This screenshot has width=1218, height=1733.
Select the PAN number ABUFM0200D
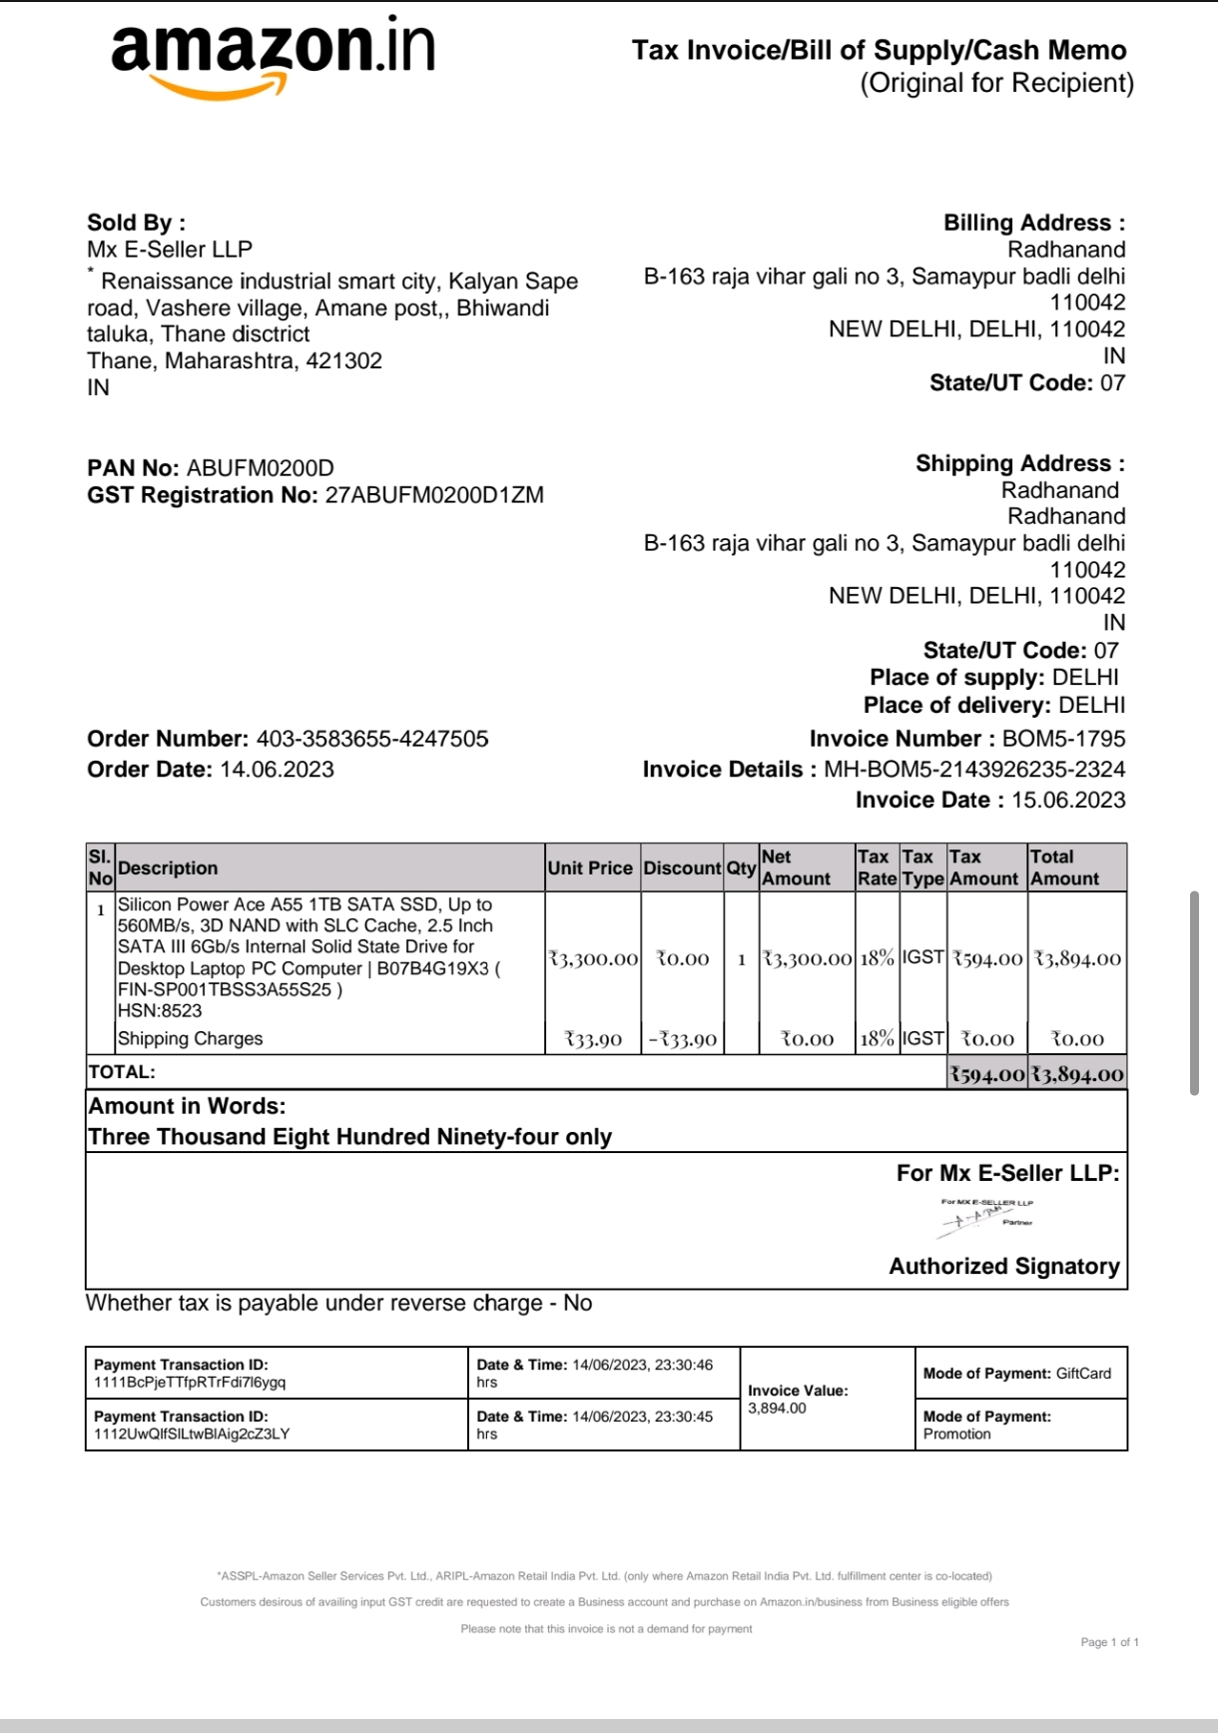261,468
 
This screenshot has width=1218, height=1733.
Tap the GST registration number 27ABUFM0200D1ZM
434,495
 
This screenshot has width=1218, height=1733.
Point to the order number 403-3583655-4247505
372,739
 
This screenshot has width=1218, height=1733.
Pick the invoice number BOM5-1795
1063,739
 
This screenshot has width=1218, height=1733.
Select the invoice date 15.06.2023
1068,800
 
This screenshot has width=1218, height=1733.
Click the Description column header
168,867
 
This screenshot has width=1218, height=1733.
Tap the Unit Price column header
590,867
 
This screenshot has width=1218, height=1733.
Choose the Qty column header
741,867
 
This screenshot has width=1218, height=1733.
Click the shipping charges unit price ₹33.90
593,1039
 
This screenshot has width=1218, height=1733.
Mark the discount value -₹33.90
683,1039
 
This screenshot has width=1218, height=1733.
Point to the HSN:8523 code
160,1010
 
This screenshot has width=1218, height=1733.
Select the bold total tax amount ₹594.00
987,1074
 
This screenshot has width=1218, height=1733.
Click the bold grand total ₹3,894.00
1077,1074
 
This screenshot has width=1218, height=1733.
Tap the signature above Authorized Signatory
986,1214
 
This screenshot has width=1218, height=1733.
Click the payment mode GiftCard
1083,1374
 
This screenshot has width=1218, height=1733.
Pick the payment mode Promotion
956,1434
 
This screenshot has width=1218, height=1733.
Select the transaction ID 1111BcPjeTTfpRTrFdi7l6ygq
190,1383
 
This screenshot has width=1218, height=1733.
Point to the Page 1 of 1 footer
1109,1642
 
